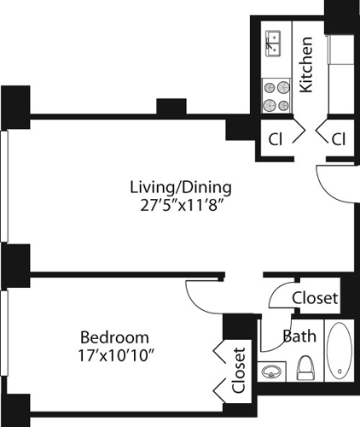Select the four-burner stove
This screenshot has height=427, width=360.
(x=275, y=95)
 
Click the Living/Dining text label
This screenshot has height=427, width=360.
(x=180, y=187)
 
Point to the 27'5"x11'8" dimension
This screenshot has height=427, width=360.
(x=180, y=205)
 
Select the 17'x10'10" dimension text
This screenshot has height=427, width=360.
(x=116, y=353)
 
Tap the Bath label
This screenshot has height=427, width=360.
(x=298, y=336)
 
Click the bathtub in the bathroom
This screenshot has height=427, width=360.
(x=338, y=352)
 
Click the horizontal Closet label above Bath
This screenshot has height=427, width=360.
(x=315, y=299)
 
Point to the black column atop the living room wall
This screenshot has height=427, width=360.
(x=171, y=108)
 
